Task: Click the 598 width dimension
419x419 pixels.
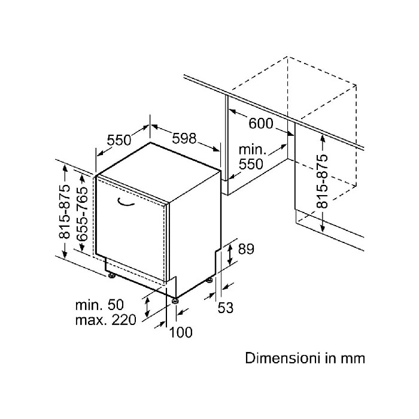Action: tap(184, 138)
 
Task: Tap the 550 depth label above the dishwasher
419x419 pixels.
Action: tap(119, 140)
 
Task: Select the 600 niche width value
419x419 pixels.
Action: tap(261, 123)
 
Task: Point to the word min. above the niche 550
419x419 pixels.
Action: tap(252, 150)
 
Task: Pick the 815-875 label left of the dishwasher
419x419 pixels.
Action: tap(65, 211)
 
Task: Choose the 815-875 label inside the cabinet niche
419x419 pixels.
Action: tap(322, 181)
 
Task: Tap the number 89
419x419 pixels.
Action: tap(246, 249)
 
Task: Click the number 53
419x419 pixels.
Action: tap(226, 308)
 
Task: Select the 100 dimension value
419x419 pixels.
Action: tap(181, 332)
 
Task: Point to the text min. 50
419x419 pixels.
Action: tap(99, 305)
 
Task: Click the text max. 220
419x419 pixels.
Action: tap(106, 320)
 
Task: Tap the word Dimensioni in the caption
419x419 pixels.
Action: tap(283, 358)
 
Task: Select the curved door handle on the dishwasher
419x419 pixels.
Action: tap(126, 202)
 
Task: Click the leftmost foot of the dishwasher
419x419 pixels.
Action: tap(111, 275)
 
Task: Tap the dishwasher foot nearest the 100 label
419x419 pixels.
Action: tap(175, 300)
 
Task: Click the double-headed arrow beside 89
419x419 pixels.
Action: tap(229, 255)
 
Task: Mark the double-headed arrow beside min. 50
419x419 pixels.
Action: tap(147, 307)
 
